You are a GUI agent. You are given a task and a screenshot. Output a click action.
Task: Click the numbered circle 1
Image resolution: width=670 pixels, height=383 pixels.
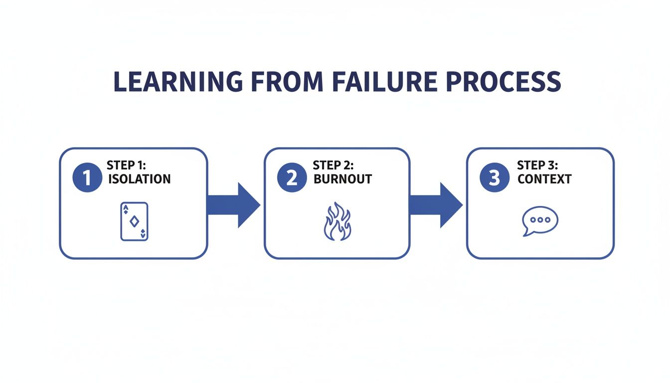pos(87,178)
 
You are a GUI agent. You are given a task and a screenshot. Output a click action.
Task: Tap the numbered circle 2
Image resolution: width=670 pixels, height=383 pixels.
pos(292,178)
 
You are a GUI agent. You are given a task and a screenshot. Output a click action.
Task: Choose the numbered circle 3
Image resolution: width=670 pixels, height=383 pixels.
pos(494,178)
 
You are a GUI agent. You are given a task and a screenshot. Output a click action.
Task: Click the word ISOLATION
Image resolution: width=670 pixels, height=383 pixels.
pos(139,179)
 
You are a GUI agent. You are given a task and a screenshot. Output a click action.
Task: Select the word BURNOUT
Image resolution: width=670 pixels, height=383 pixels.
pos(343,179)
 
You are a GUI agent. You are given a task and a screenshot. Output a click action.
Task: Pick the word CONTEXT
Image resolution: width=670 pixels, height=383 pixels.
pos(544,179)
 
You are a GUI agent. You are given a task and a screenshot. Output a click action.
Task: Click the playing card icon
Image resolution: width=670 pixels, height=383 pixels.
pos(134,221)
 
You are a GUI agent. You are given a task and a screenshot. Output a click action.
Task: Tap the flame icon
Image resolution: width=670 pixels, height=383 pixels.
pos(337,221)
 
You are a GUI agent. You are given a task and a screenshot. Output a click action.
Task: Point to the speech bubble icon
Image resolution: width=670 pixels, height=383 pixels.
pos(539,221)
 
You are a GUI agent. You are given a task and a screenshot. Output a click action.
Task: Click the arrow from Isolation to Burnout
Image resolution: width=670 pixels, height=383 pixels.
pos(233,205)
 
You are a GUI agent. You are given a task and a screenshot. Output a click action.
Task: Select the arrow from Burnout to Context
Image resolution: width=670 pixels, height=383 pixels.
pos(436,205)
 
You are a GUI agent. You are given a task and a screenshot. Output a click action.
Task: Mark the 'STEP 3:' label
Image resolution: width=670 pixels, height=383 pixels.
pos(537,165)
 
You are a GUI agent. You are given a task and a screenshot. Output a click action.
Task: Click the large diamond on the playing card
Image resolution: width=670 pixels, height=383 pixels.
pos(134,221)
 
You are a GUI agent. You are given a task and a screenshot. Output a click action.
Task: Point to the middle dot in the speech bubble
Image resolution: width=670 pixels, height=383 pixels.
pos(540,219)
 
